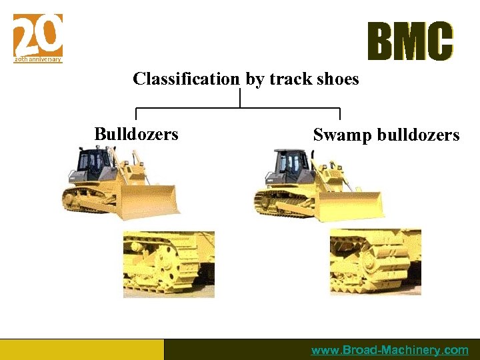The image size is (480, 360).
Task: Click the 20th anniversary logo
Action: tap(38, 38)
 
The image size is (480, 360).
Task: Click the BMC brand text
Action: tap(410, 42)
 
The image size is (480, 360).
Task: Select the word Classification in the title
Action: tap(186, 79)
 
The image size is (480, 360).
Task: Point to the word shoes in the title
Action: tap(337, 79)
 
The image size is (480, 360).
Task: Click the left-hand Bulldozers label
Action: tap(137, 134)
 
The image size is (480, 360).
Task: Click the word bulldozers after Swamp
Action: tap(419, 135)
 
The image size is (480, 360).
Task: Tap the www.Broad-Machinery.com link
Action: tap(390, 350)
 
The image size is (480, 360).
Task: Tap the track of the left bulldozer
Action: tap(87, 200)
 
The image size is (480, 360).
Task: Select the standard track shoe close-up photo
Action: tap(169, 264)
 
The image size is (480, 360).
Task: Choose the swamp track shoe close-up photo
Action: tap(375, 262)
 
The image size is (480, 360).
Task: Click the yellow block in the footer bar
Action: tap(81, 349)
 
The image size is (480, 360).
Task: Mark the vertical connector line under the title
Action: tap(240, 98)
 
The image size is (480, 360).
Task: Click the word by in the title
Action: tap(255, 80)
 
